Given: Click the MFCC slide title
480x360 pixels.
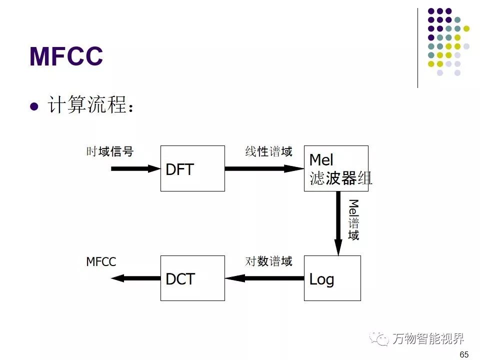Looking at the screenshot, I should coord(66,56).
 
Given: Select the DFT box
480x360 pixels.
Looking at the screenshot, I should coord(192,168).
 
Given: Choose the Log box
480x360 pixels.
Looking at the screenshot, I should coord(332,278).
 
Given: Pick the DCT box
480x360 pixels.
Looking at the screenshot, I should coord(192,278).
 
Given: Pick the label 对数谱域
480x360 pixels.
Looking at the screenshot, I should coord(268,261).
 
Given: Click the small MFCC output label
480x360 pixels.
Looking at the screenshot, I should coord(101,262).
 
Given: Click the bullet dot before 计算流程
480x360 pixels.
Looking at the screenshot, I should coord(34,107).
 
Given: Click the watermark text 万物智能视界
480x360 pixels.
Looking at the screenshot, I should coord(428,338).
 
